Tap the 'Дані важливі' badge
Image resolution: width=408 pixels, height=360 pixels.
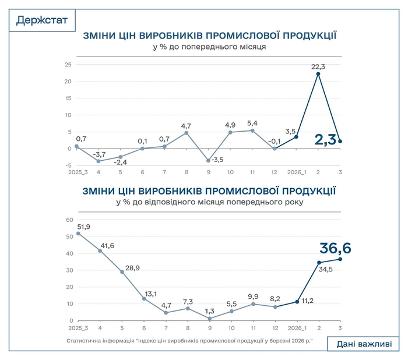click(x=364, y=344)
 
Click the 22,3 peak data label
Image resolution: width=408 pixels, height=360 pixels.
click(x=318, y=67)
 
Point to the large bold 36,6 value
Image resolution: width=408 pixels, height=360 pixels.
click(x=335, y=249)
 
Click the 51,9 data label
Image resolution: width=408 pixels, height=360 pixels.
click(x=83, y=227)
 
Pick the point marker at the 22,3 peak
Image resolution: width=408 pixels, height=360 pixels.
click(x=318, y=74)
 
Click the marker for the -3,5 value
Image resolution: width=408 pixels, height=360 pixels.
click(x=208, y=160)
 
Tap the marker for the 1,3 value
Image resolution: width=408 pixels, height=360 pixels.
click(x=209, y=319)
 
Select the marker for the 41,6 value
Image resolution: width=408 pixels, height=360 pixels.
click(x=100, y=251)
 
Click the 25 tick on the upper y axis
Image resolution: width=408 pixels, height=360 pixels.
click(x=68, y=65)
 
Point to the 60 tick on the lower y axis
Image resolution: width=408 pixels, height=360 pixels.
click(x=68, y=220)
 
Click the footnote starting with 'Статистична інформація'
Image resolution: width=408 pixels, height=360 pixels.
click(x=189, y=339)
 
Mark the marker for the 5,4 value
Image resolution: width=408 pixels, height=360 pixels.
click(x=252, y=130)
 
